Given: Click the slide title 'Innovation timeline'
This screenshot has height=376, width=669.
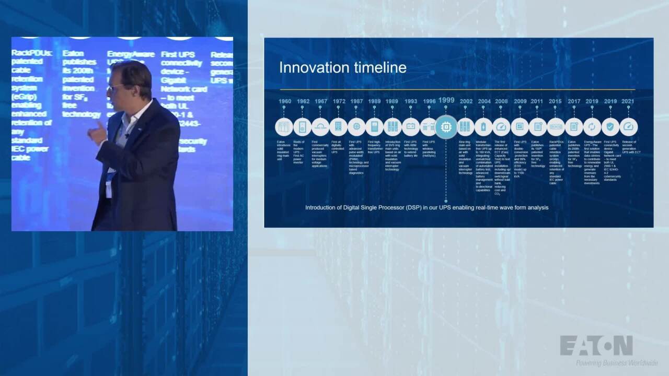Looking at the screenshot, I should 342,68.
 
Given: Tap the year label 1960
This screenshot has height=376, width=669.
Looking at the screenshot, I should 285,101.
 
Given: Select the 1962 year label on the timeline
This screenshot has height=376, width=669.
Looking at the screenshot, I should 303,101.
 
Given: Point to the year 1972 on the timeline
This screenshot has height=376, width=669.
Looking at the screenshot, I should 339,101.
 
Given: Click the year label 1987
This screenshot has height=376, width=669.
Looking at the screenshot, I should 356,101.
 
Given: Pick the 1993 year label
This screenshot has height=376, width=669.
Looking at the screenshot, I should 411,101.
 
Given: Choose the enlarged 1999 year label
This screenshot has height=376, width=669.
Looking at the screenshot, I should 446,100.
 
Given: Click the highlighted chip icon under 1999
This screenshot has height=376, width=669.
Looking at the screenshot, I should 446,127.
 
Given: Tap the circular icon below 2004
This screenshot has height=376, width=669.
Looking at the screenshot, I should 483,127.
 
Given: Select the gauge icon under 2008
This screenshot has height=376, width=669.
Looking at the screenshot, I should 501,127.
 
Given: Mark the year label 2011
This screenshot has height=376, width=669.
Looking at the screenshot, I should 537,101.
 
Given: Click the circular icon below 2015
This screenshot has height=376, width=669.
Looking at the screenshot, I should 556,127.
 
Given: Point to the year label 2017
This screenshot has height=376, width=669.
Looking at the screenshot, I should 574,101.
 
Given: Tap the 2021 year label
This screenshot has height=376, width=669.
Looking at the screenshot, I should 628,101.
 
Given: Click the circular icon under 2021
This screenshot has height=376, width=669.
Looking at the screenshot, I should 628,127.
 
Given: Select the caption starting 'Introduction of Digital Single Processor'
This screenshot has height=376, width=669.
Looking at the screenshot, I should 426,207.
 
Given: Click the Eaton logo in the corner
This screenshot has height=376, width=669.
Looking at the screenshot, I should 596,346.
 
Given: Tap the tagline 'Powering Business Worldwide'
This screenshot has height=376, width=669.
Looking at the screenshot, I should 617,363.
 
